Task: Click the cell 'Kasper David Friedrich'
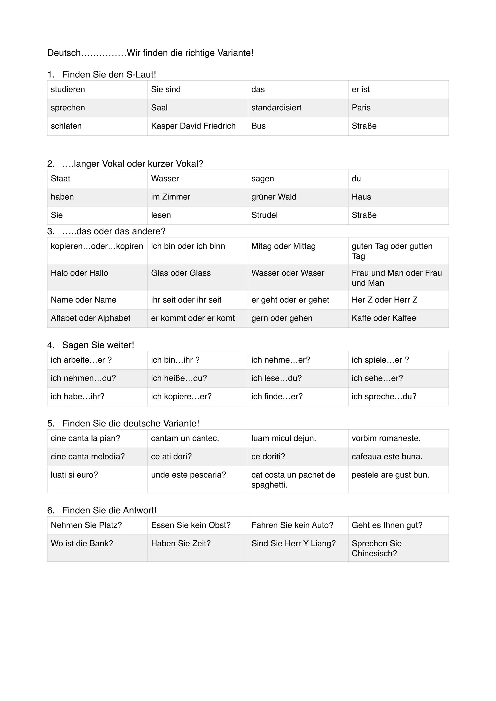[193, 126]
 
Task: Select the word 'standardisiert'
[276, 108]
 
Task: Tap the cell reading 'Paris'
[361, 108]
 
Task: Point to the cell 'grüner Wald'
[274, 197]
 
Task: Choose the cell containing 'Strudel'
[264, 215]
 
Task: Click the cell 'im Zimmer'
[170, 197]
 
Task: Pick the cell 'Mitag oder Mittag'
[283, 246]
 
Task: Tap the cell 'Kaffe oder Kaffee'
[384, 318]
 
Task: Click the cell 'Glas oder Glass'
[181, 273]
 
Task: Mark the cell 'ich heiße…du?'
[179, 378]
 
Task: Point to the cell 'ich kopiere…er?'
[181, 396]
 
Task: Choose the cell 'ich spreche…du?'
[384, 396]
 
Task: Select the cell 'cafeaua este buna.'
[387, 457]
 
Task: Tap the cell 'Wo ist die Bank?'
[82, 543]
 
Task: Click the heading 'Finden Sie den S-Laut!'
[109, 75]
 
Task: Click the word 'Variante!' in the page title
[235, 53]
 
